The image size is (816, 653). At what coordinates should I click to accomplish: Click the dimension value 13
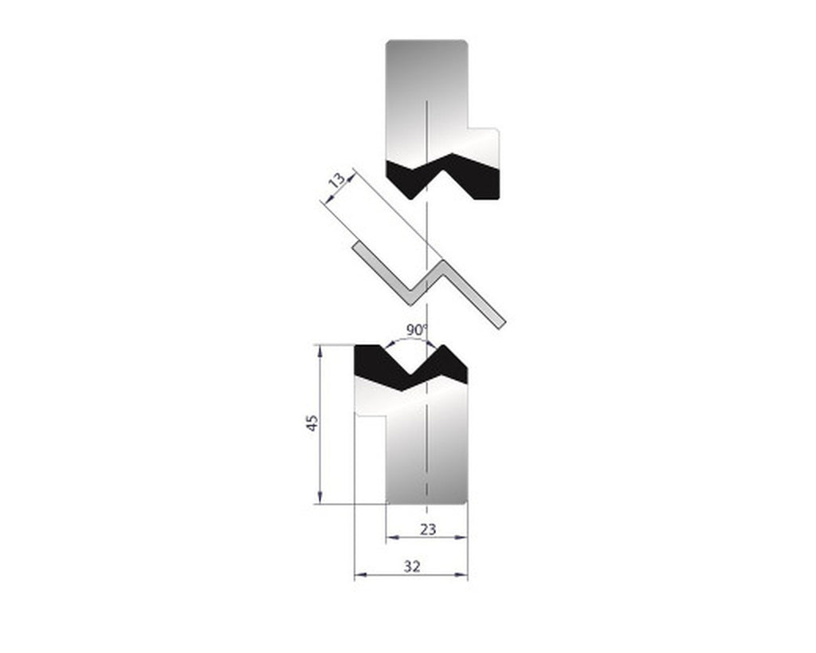(338, 181)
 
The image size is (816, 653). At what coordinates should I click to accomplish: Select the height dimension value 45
(313, 423)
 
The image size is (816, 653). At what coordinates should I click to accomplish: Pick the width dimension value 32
(411, 566)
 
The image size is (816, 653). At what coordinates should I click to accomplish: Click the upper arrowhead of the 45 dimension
(320, 349)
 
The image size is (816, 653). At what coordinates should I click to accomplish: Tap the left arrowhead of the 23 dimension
(391, 537)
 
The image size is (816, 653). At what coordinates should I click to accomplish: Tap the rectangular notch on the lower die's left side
(371, 416)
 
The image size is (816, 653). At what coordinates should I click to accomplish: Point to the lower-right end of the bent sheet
(500, 322)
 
